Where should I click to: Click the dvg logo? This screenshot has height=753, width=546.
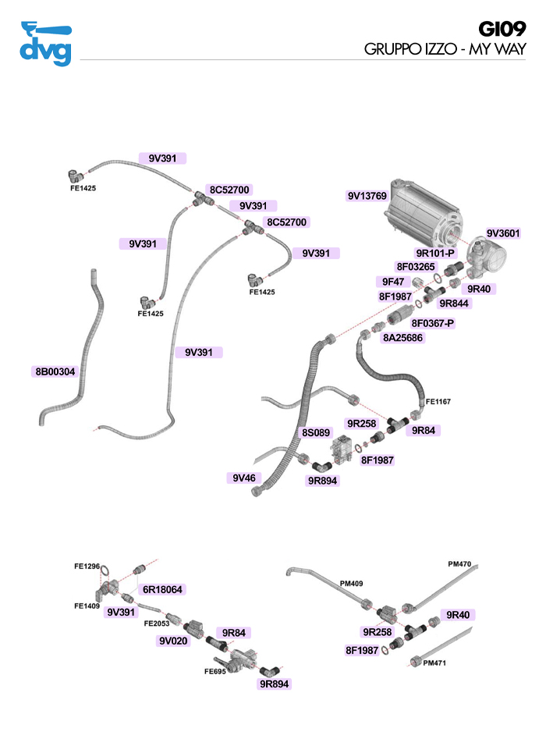click(44, 44)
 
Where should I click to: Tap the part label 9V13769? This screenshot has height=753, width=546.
click(367, 196)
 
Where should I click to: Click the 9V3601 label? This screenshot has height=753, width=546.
click(503, 233)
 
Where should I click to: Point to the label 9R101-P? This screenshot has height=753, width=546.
click(435, 254)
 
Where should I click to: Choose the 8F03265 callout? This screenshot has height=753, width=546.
click(415, 267)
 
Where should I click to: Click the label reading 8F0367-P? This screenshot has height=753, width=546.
click(433, 323)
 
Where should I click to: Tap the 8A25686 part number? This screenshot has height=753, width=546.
click(402, 338)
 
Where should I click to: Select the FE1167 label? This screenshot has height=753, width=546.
click(438, 402)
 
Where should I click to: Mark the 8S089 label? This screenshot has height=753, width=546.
click(317, 432)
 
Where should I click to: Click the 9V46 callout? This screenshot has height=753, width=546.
click(244, 477)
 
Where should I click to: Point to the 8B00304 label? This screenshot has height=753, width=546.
click(55, 372)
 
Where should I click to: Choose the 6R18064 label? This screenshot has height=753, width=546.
click(161, 590)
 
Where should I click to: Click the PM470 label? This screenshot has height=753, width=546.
click(459, 563)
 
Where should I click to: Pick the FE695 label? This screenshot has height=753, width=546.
click(215, 670)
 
